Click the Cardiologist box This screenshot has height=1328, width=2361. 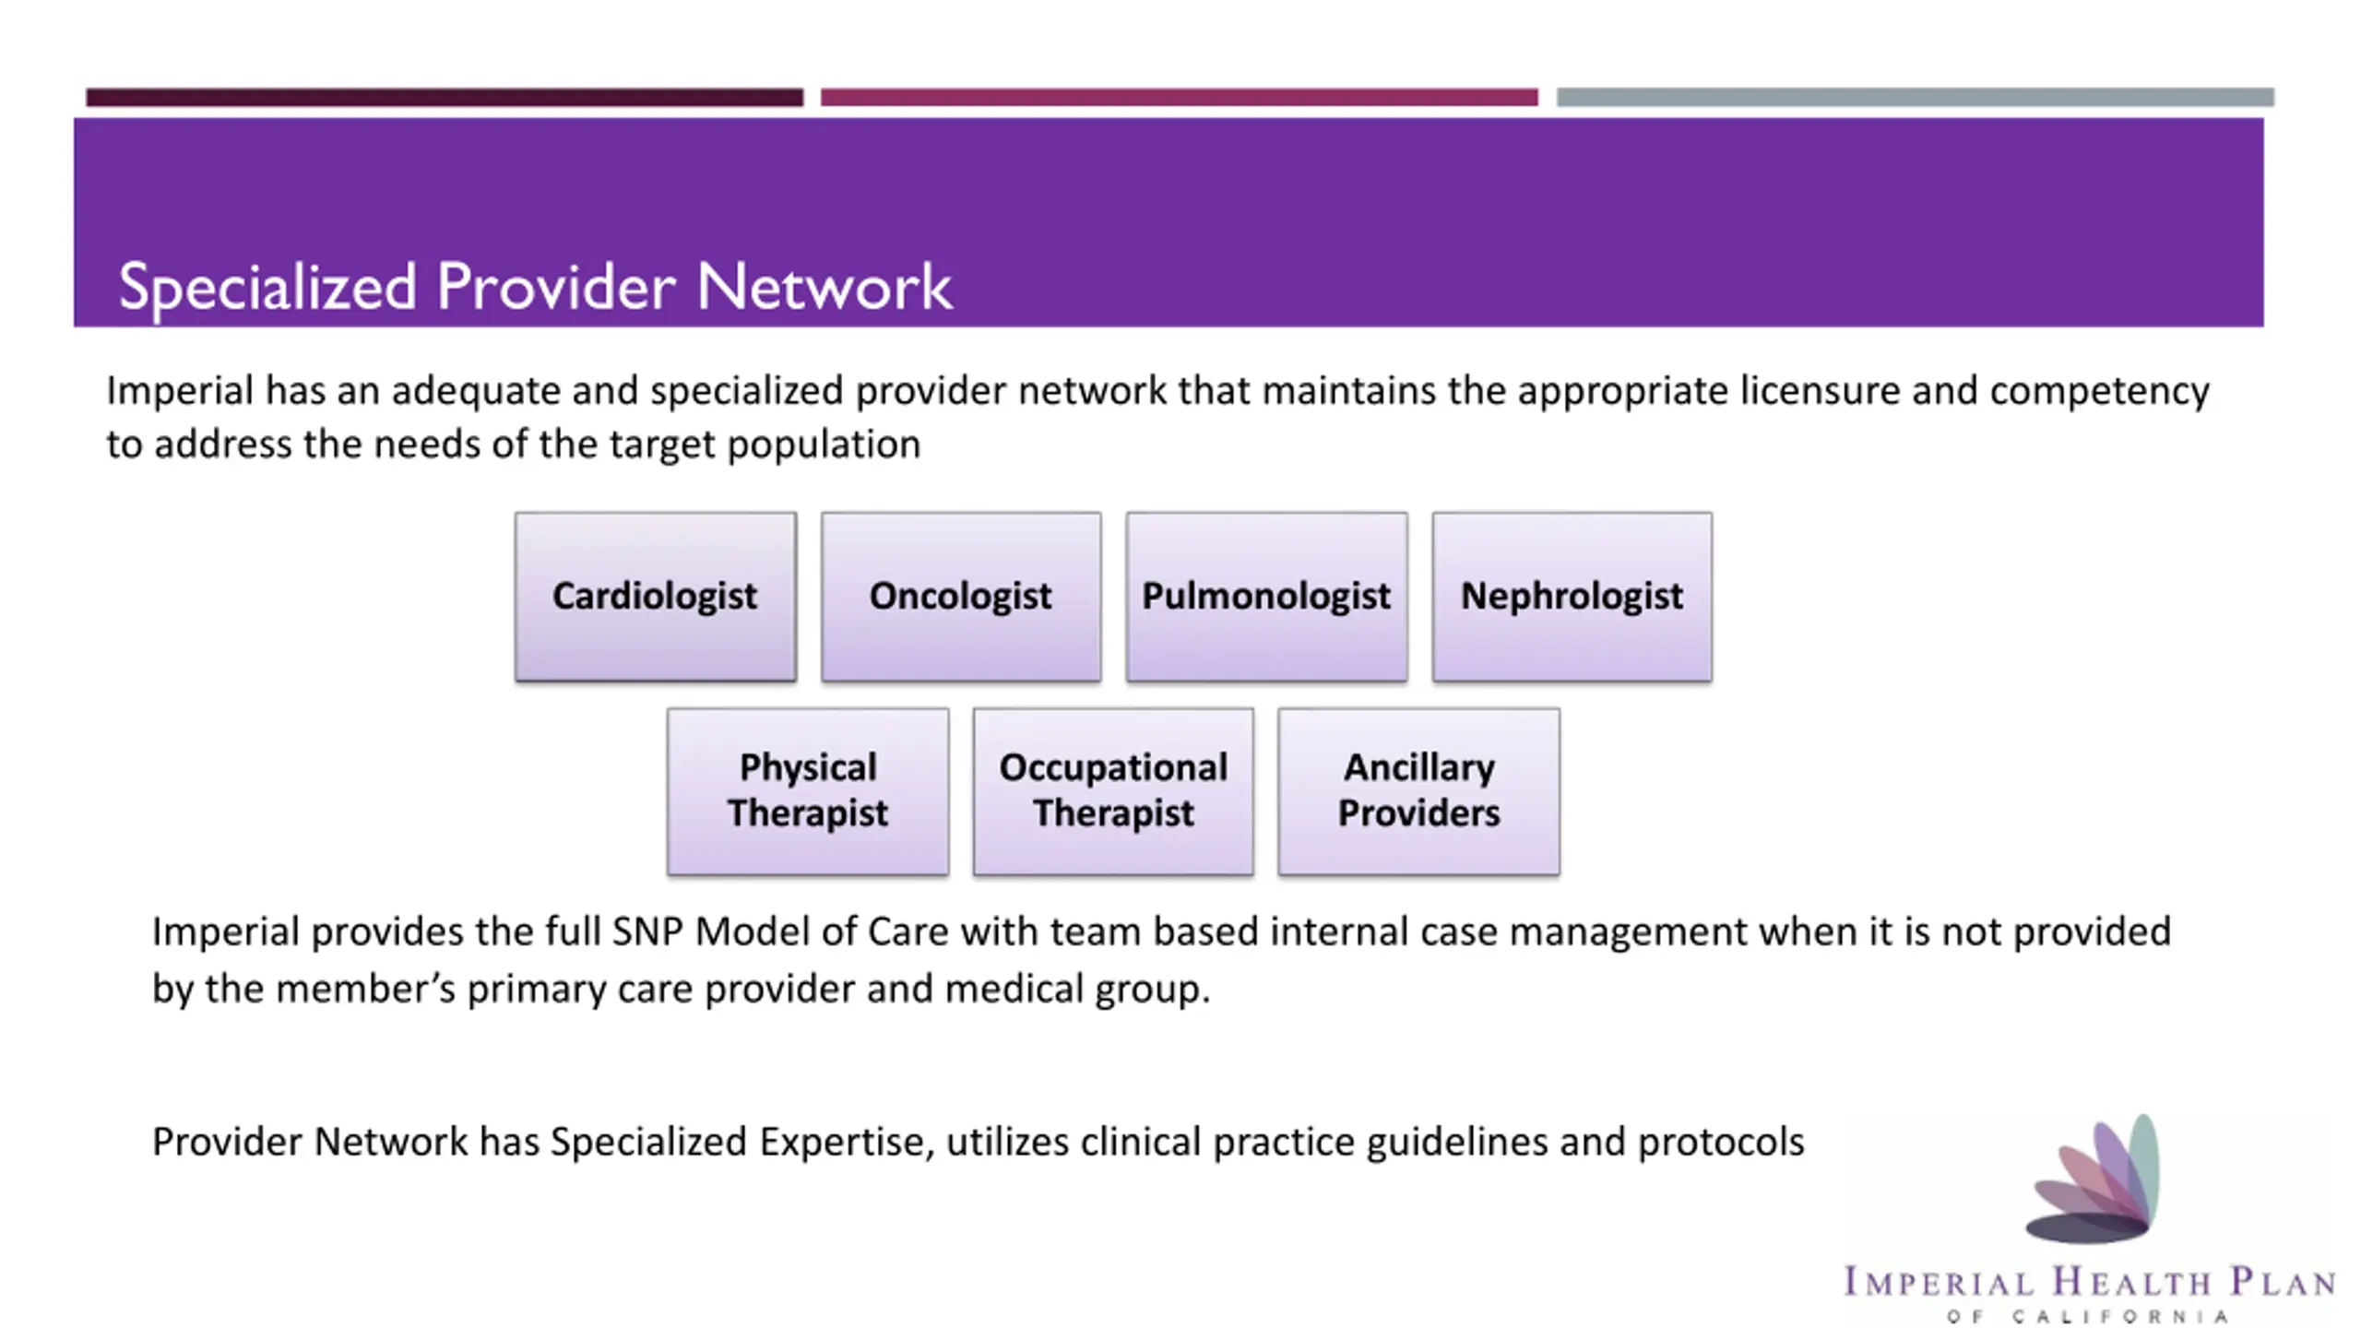(655, 597)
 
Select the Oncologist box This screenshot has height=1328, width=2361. (960, 597)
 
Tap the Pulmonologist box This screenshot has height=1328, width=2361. (1266, 597)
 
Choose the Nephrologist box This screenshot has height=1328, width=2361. (1572, 597)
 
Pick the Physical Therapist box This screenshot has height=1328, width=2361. (807, 790)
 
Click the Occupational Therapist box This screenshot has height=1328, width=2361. (1113, 790)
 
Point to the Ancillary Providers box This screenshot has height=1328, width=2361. (1418, 790)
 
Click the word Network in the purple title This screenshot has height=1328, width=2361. (824, 287)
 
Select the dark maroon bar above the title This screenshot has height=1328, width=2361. (445, 97)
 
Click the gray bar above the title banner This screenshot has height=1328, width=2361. (1915, 97)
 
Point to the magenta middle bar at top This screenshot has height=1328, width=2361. (1179, 97)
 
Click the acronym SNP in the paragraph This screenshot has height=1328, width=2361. (647, 931)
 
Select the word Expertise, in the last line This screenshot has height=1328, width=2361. (847, 1142)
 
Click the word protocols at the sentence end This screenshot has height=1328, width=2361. (1720, 1142)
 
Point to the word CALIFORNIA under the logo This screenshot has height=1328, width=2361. (2120, 1316)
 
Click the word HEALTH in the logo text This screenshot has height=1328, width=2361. (2131, 1283)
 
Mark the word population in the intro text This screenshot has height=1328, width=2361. (824, 445)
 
